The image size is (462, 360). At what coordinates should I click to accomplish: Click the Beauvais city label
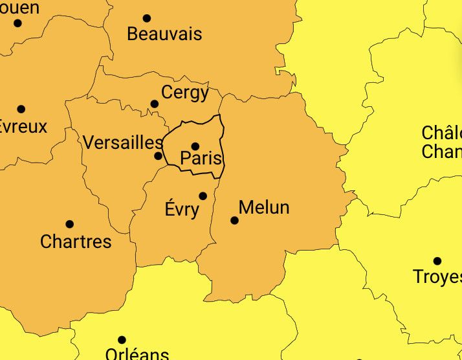164,34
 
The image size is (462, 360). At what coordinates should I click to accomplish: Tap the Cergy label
185,93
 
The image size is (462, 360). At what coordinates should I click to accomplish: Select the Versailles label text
122,142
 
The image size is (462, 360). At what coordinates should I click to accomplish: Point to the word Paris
201,159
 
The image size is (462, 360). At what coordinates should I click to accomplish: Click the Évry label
182,210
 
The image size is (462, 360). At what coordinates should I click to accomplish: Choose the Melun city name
264,207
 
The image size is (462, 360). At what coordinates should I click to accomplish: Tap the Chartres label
76,242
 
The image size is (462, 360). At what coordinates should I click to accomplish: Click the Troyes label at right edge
437,277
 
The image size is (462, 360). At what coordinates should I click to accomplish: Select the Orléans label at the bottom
137,354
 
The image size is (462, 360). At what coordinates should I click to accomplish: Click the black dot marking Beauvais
147,18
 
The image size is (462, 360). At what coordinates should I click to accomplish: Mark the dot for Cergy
154,104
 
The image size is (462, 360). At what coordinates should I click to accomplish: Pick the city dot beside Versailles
158,156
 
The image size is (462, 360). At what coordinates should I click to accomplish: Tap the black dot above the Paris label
195,146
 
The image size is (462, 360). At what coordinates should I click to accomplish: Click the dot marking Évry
203,196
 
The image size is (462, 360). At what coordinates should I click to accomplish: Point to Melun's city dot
234,221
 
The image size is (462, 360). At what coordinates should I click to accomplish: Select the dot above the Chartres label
69,225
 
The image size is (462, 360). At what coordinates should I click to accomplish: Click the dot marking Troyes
437,261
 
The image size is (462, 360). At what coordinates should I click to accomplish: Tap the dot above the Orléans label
122,340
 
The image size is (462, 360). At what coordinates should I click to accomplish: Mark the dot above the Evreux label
21,109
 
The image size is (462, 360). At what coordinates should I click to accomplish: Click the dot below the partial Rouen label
17,23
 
